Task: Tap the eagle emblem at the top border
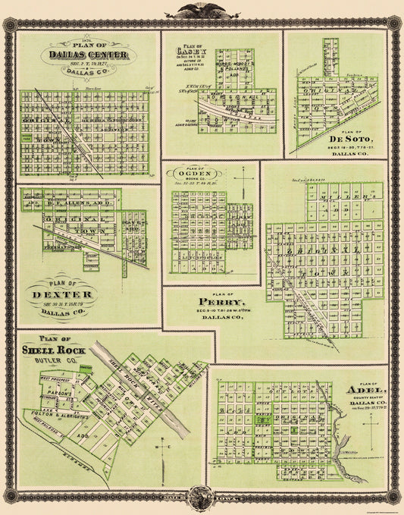pos(202,11)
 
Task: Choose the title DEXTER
pos(63,294)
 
